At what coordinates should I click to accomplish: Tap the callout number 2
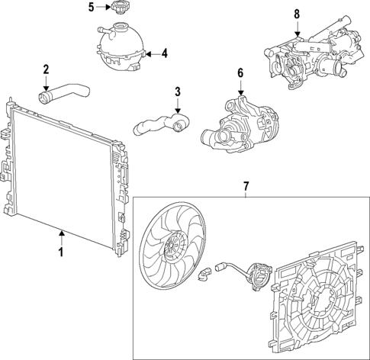point(46,70)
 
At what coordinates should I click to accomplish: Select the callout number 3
point(177,92)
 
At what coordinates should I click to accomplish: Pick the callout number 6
point(240,73)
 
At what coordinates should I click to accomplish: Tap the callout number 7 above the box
point(246,185)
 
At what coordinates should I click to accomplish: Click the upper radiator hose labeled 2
point(64,95)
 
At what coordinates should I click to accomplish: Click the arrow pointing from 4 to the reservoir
point(151,53)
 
